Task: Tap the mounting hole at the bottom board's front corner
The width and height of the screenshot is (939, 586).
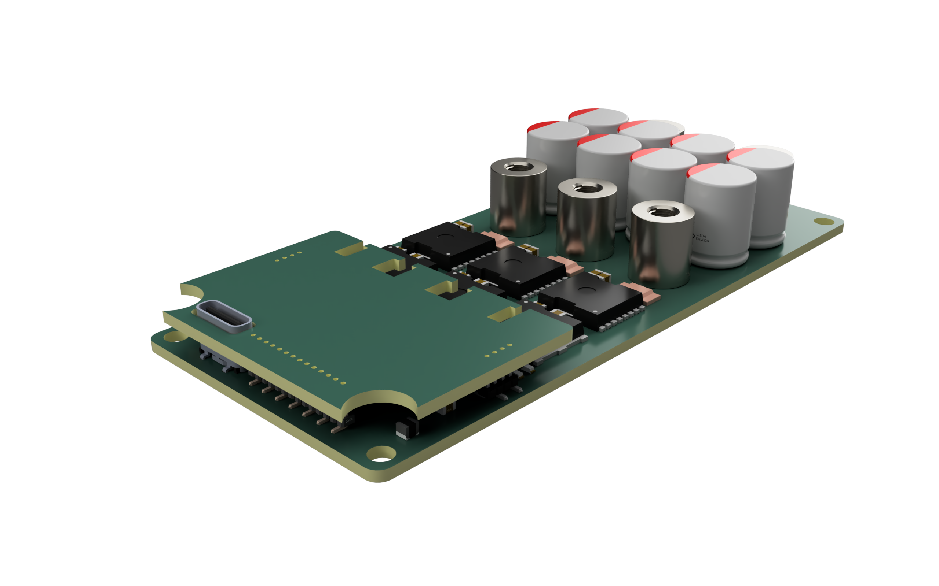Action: (381, 454)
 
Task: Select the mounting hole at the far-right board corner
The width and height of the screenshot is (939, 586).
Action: (823, 221)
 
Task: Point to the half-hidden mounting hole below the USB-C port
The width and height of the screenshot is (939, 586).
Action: (175, 337)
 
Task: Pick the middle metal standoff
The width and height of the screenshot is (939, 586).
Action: (586, 220)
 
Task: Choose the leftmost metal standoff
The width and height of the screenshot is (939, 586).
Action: (518, 197)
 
